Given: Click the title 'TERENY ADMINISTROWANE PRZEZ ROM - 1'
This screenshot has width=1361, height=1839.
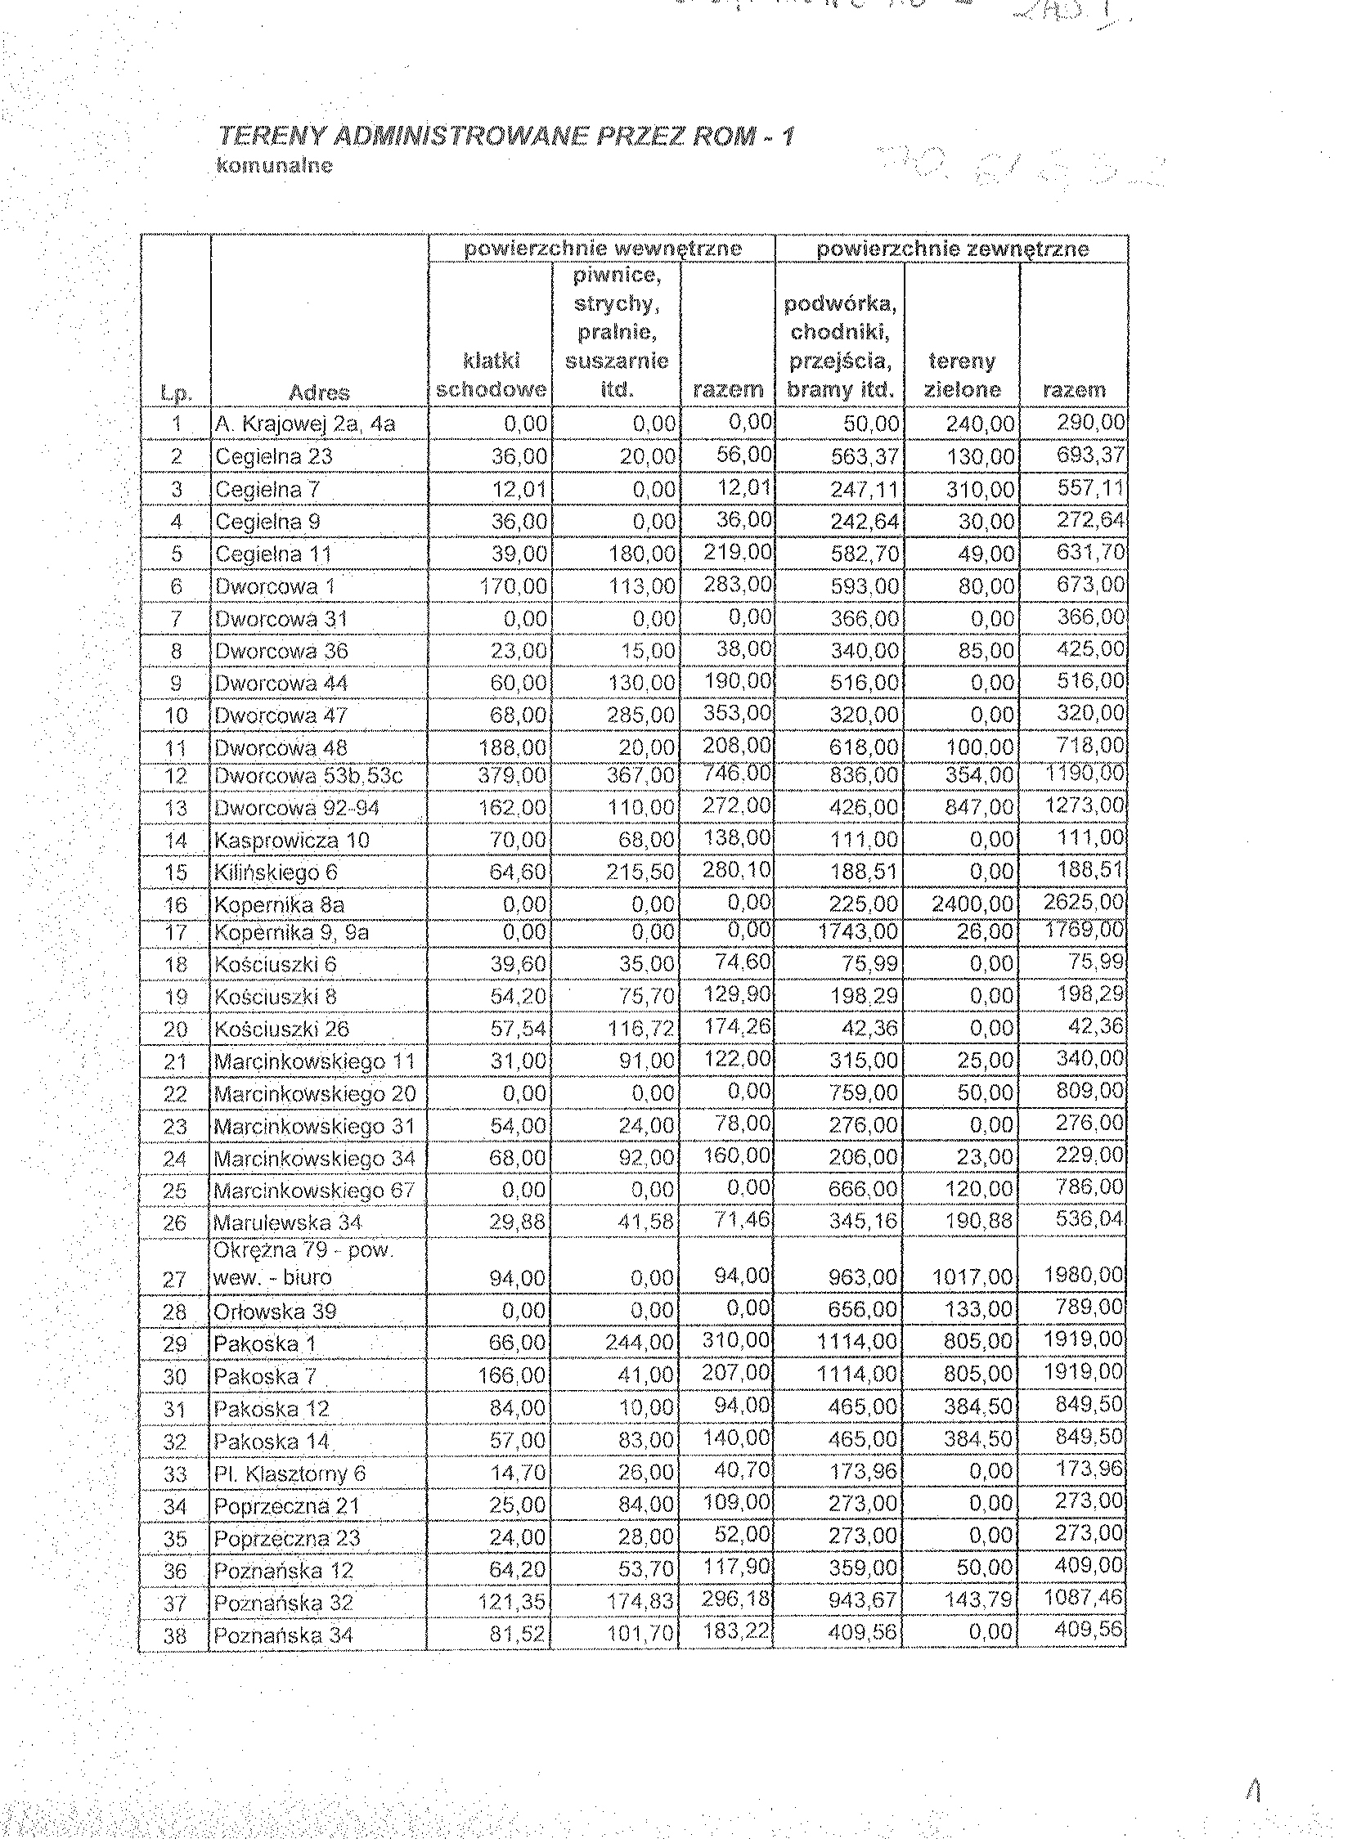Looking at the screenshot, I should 505,136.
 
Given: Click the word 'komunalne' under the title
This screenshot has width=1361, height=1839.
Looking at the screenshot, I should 274,165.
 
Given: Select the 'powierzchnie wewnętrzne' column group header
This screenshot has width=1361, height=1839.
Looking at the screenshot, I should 602,249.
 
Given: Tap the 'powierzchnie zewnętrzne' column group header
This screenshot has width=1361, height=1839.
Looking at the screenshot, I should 952,249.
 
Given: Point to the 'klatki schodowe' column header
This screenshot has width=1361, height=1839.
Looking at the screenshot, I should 491,375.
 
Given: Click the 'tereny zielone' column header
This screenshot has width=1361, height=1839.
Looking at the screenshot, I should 961,375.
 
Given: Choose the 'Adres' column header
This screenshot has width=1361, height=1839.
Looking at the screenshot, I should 319,392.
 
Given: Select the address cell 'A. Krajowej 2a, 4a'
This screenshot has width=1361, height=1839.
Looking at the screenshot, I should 305,424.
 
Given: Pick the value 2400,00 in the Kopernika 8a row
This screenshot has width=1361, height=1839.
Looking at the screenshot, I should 972,904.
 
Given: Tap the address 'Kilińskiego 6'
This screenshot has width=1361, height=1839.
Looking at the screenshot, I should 275,872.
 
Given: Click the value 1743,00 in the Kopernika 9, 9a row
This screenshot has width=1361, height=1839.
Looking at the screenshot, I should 857,932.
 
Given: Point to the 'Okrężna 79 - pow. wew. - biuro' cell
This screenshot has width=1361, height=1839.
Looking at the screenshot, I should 303,1264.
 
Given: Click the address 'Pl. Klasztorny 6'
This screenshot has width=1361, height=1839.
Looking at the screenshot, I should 290,1473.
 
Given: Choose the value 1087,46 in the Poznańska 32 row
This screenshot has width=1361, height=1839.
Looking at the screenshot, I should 1083,1598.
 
